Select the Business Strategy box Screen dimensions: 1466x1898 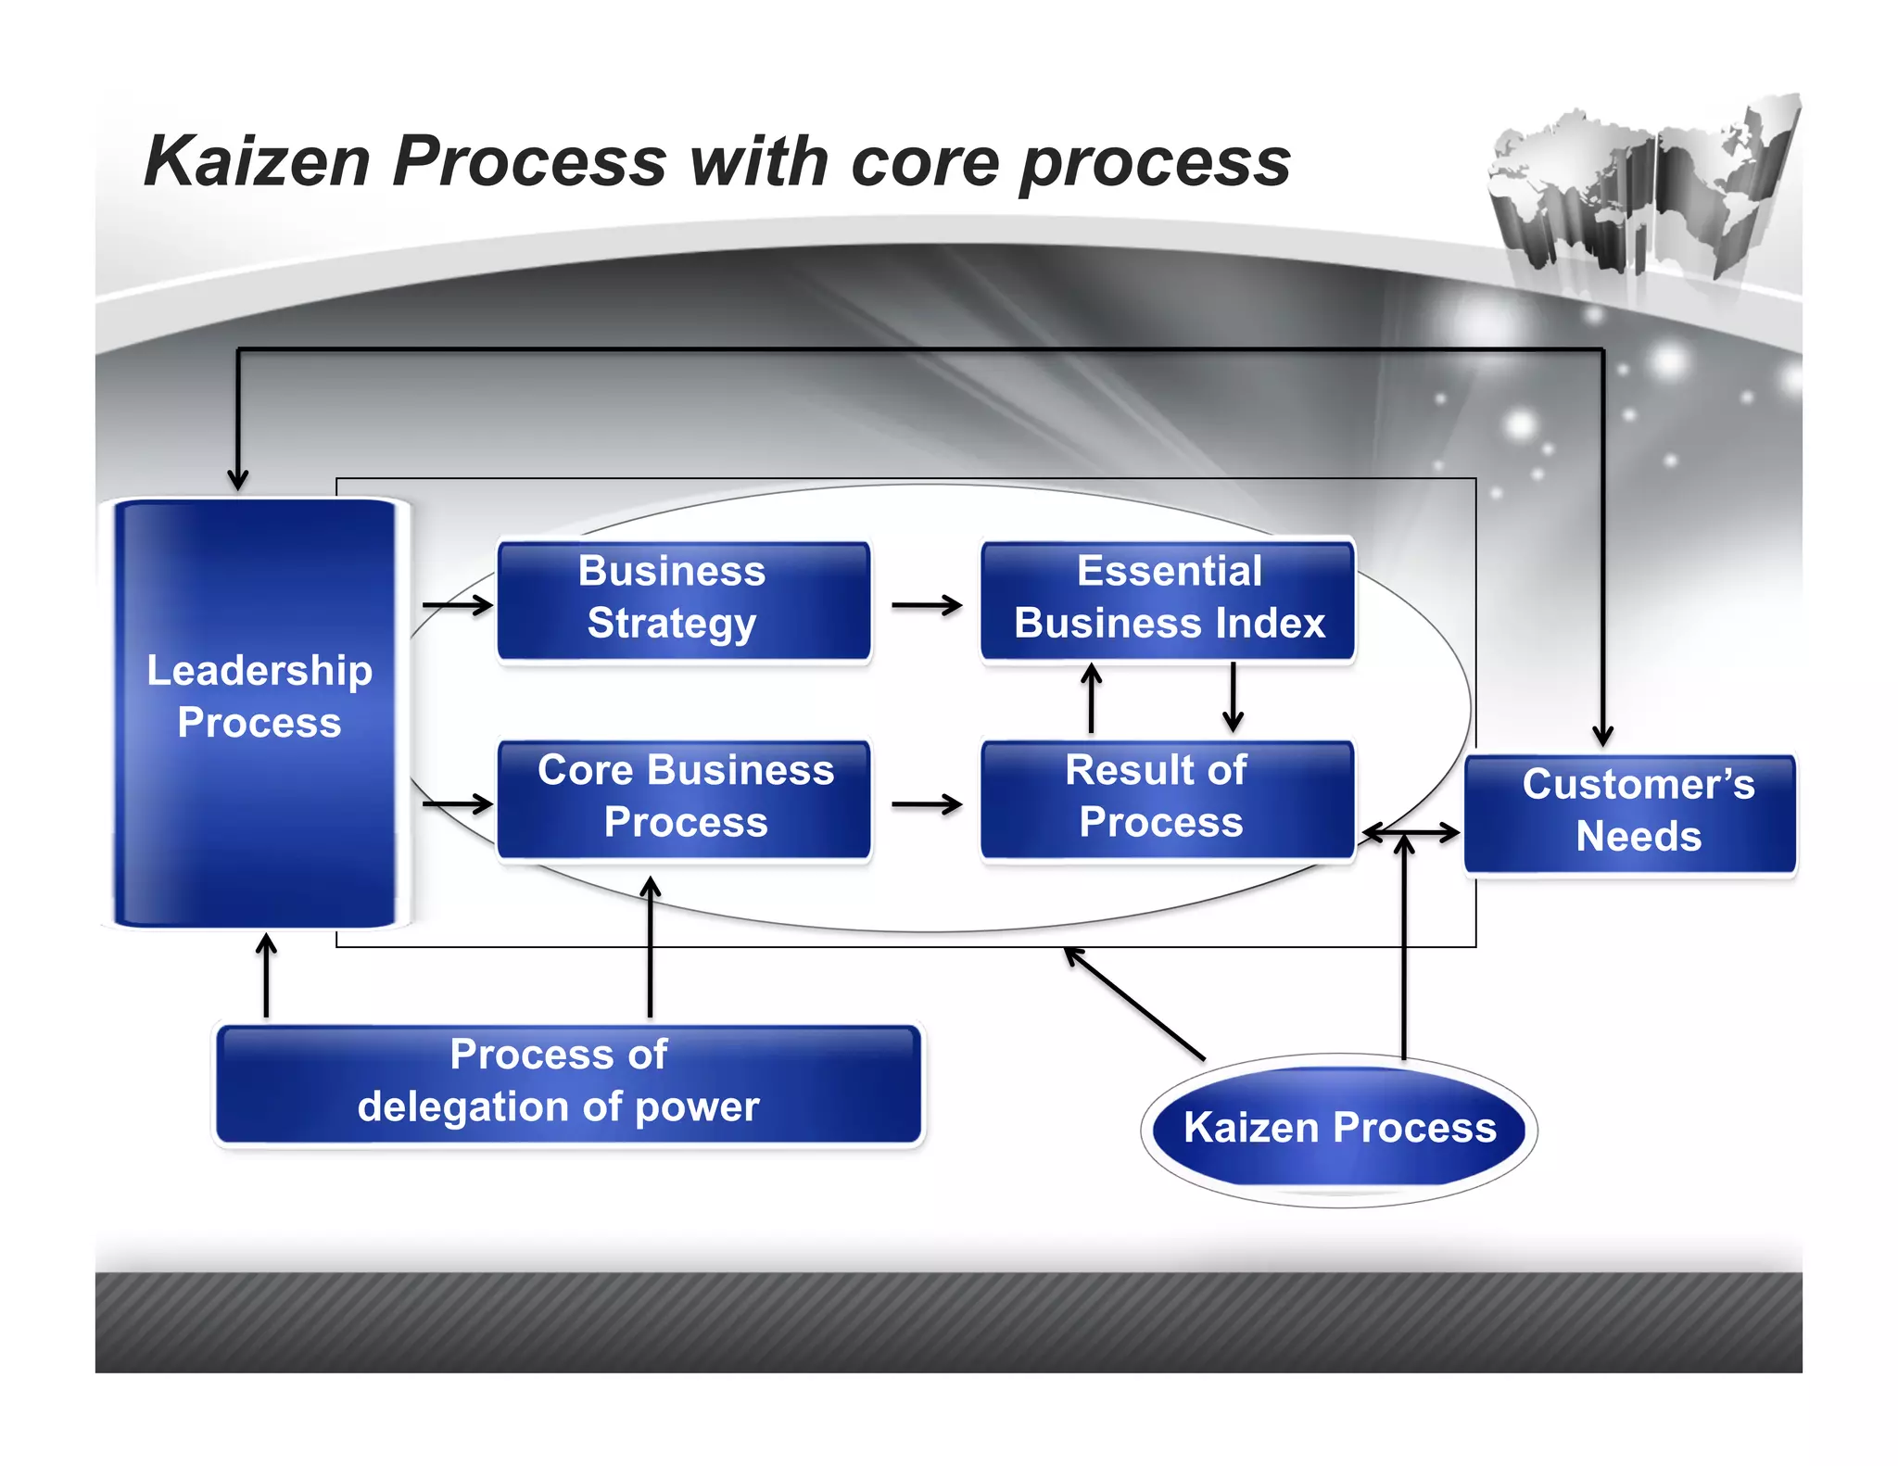(x=683, y=600)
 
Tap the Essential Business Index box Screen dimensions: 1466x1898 (x=1168, y=600)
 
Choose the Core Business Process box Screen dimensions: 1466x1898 (x=683, y=799)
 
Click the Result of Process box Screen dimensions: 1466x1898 (x=1168, y=799)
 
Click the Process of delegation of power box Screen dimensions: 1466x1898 (x=567, y=1083)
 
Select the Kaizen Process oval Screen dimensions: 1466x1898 (x=1338, y=1128)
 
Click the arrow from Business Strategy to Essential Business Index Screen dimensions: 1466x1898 (x=926, y=605)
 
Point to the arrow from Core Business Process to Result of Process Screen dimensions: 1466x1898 (x=926, y=804)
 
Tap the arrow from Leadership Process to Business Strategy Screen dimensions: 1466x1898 (x=457, y=605)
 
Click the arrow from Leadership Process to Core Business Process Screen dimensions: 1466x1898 (x=457, y=803)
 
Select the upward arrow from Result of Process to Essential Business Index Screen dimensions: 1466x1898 (x=1092, y=699)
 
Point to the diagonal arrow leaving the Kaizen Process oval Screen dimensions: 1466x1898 (x=1135, y=1004)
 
